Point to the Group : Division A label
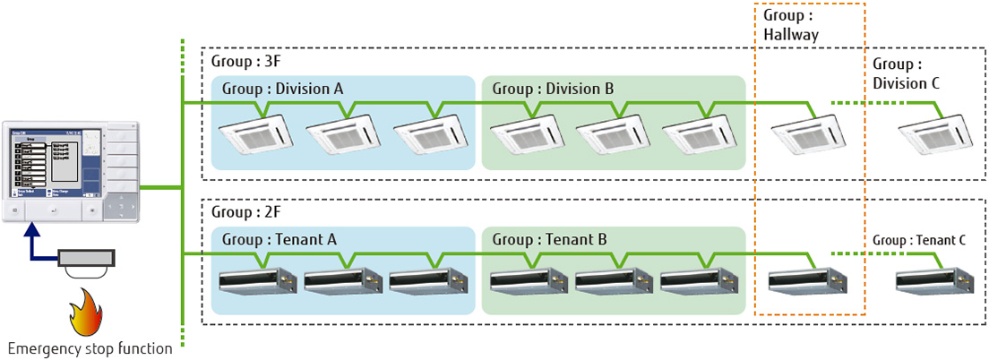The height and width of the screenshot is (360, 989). point(282,89)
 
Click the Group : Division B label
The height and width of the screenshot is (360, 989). point(553,89)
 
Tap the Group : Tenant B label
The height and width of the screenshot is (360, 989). point(549,239)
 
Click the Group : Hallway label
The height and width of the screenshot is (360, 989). point(791,26)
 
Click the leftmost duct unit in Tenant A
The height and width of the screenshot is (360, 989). point(258,281)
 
